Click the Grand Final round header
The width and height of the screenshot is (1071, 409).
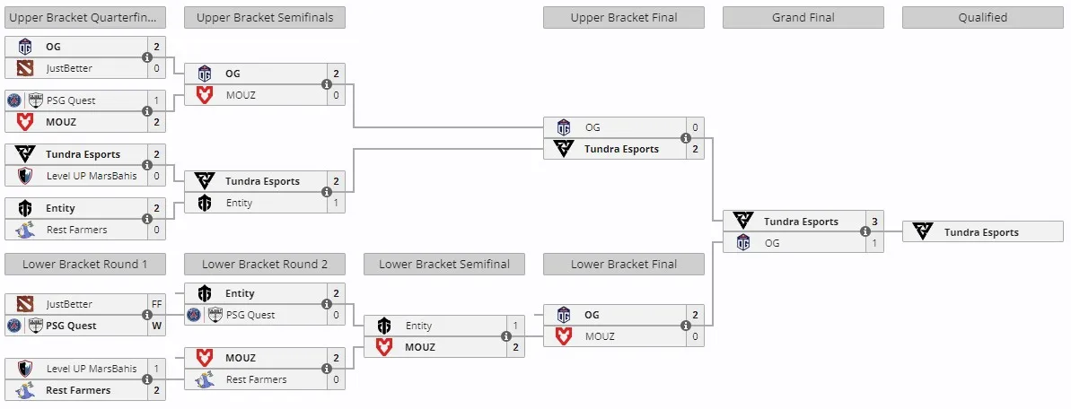coord(803,18)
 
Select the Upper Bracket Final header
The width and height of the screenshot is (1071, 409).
coord(624,18)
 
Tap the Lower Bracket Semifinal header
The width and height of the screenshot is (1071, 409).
coord(444,265)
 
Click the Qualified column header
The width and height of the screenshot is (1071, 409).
coord(982,18)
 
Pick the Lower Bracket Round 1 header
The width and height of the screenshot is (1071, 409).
coord(84,265)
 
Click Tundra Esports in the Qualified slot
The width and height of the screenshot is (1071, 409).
coord(981,232)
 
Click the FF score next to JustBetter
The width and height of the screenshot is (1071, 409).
coord(156,305)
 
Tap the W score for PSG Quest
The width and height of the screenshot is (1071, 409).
coord(156,326)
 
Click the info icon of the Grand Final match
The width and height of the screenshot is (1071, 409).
coord(865,231)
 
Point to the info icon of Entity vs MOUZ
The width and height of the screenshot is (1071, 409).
coord(506,336)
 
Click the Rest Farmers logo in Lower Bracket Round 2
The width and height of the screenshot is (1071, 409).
coord(204,379)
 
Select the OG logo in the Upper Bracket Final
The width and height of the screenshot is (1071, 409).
coord(564,127)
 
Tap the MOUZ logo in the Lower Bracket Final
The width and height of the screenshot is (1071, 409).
coord(564,336)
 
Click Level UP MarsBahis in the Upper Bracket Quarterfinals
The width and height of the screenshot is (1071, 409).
coord(92,176)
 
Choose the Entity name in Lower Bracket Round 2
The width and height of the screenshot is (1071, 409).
coord(240,293)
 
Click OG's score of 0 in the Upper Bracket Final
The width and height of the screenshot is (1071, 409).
coord(696,127)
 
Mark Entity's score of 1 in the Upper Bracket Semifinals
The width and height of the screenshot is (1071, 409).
coord(336,203)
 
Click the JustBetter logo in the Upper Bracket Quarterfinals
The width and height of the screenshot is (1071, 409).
coord(24,68)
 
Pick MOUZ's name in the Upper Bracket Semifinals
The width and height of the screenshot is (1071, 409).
coord(241,96)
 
